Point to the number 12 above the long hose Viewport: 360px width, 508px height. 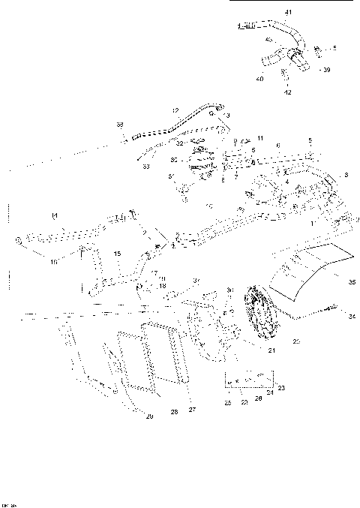point(175,110)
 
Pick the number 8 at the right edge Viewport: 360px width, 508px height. point(346,175)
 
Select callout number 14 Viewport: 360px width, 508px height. point(54,216)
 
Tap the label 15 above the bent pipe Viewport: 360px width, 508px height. point(118,254)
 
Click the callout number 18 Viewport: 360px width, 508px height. point(162,286)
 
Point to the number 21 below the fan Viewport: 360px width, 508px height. point(272,350)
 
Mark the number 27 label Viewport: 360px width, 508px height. point(191,410)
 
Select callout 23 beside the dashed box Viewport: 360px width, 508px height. point(282,387)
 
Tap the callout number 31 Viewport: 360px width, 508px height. point(171,175)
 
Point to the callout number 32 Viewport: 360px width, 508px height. point(180,143)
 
